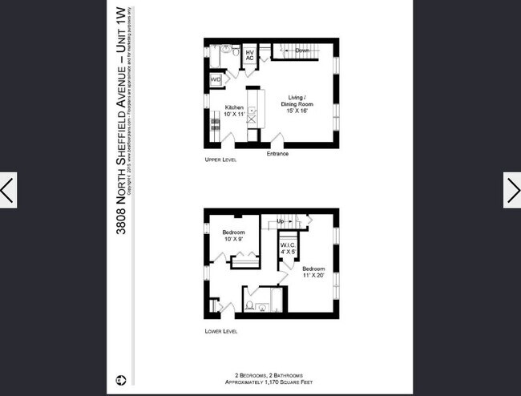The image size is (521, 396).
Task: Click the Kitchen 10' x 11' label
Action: point(234,111)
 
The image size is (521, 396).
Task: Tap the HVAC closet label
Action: point(249,55)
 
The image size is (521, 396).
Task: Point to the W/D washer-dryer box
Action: point(216,80)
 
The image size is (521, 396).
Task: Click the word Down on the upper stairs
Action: point(302,51)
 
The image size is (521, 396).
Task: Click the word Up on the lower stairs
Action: point(281,220)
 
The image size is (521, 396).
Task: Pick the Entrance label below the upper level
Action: point(277,154)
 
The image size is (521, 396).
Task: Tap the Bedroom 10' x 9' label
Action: point(234,236)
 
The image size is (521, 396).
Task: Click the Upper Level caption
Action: point(220,161)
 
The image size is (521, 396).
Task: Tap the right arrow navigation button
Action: point(512,190)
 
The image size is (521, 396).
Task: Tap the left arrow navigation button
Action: point(8,190)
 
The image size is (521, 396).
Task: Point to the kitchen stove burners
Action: point(213,124)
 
